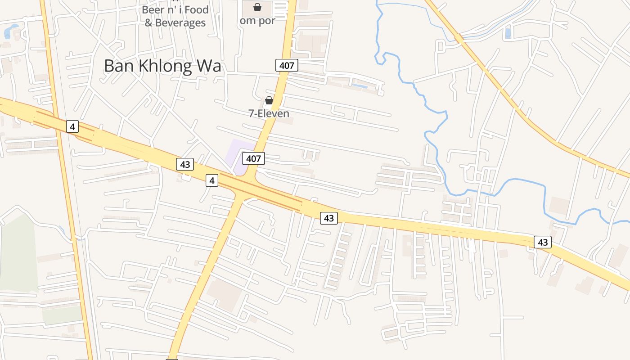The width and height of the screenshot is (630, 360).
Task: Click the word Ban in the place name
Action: (x=118, y=66)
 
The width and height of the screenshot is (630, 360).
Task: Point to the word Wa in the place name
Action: (x=209, y=66)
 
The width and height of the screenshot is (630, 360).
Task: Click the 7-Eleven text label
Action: (x=269, y=113)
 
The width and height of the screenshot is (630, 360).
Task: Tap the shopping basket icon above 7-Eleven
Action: (x=269, y=100)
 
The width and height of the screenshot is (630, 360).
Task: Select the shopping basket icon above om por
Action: (x=257, y=7)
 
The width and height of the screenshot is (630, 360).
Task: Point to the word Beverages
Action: (x=180, y=22)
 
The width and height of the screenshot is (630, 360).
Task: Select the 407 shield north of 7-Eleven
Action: (x=287, y=66)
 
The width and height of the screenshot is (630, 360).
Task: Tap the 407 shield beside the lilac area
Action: (x=253, y=158)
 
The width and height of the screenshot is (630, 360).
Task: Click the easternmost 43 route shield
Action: (x=543, y=242)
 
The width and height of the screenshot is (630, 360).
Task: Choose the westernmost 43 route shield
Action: (x=185, y=164)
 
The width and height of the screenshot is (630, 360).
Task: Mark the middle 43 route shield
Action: (x=329, y=218)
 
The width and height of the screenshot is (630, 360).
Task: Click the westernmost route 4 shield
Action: (x=72, y=126)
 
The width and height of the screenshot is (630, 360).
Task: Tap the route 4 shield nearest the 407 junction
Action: (x=212, y=181)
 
